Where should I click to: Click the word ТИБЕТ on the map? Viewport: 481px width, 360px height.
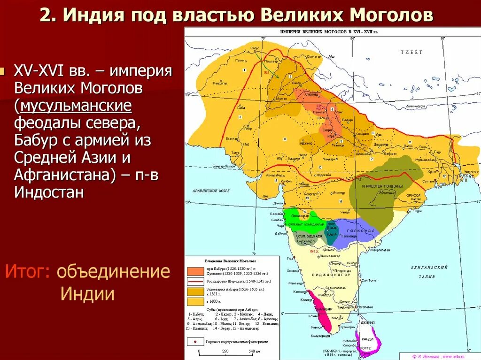[x=411, y=52]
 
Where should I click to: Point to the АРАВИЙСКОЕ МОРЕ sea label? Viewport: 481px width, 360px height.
[x=210, y=191]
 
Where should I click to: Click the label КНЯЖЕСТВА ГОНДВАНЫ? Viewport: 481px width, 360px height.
[x=375, y=187]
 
